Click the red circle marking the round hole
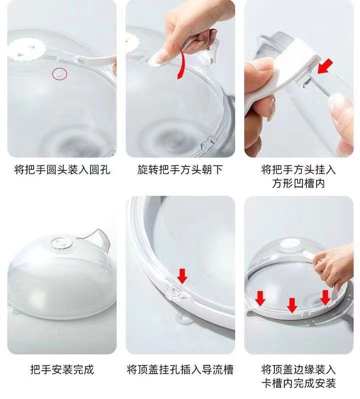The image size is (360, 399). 59,74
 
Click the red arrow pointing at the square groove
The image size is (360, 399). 325,66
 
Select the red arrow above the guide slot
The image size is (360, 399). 182,276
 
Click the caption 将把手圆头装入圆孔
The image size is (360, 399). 62,169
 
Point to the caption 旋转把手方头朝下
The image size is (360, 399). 180,169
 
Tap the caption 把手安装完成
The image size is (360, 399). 62,369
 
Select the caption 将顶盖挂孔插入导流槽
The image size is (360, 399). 180,369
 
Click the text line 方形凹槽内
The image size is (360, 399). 298,183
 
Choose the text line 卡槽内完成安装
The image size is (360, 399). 298,383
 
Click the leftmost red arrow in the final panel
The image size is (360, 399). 260,298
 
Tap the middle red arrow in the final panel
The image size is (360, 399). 292,305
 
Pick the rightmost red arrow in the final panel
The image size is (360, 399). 325,297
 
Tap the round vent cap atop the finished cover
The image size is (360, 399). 61,244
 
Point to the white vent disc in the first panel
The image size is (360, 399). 26,49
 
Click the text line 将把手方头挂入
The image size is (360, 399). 298,169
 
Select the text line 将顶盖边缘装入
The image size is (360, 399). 298,369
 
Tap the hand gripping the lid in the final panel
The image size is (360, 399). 333,267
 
